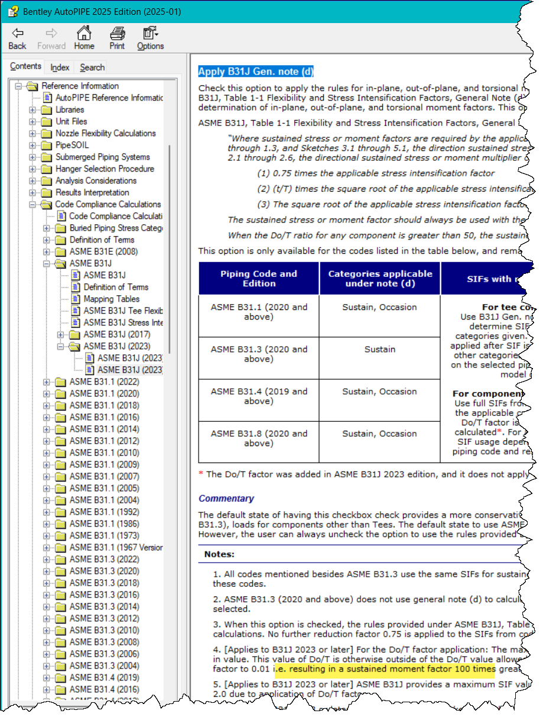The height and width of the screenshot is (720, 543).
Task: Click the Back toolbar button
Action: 17,38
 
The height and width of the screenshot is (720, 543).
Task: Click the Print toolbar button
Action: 117,38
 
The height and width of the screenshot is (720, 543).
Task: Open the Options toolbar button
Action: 150,38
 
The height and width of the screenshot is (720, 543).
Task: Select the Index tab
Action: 60,67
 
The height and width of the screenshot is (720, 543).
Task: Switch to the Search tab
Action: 92,67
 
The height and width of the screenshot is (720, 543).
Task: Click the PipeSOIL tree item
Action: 72,145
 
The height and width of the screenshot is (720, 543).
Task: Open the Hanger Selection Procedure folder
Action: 105,169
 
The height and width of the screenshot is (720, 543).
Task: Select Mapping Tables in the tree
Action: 111,299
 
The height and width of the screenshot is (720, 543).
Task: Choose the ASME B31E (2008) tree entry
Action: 104,251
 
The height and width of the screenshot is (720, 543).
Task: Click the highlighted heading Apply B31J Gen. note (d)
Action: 256,72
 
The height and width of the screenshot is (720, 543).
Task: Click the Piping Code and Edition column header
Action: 259,279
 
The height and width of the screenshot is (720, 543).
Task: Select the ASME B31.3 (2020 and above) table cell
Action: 259,354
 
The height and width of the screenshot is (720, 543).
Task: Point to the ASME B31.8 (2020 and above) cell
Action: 259,438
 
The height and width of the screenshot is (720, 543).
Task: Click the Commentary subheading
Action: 226,498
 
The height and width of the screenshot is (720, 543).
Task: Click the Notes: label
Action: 219,554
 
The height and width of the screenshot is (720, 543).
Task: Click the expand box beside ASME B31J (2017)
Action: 61,334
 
